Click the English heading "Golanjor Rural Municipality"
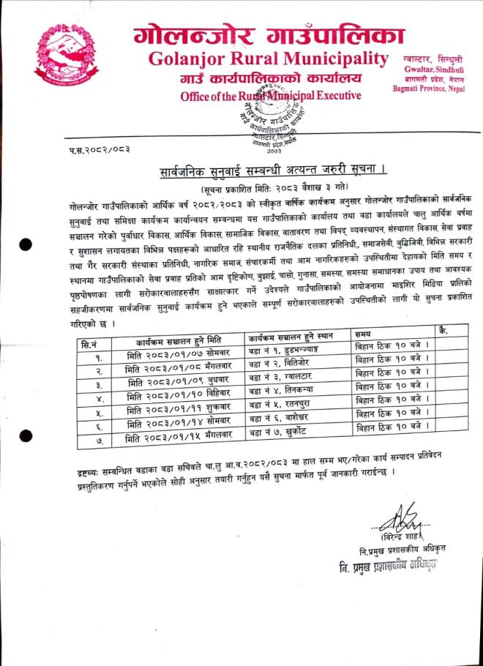(269, 58)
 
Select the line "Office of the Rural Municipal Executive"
(271, 95)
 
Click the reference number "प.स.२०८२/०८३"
(96, 150)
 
